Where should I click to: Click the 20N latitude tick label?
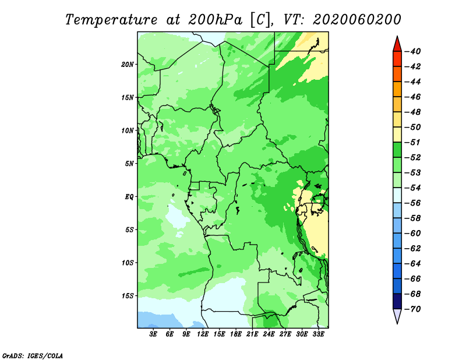coord(127,65)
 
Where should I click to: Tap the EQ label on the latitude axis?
coord(129,197)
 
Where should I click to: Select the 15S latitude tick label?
coord(128,296)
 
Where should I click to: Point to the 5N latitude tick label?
coord(129,164)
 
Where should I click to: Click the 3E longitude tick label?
coord(153,334)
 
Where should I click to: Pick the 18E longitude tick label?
coord(236,334)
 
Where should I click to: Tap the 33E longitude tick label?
coord(318,334)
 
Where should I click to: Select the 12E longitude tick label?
coord(203,334)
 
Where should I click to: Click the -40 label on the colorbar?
coord(412,51)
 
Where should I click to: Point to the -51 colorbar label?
coord(412,142)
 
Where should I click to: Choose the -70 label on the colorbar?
coord(412,309)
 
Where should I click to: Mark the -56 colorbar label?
coord(412,203)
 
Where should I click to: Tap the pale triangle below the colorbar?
coord(397,315)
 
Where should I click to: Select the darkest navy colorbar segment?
coord(397,301)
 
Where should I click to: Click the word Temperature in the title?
coord(111,20)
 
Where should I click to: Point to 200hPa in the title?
coord(215,20)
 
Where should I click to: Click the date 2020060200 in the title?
coord(357,20)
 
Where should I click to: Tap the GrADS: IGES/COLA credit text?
coord(33,356)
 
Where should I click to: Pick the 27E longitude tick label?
coord(285,334)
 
